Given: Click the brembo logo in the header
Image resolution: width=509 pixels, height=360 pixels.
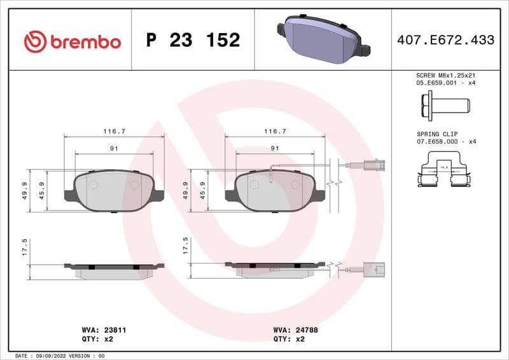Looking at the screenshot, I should [72, 41].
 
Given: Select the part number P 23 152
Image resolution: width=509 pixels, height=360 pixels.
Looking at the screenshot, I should [193, 41].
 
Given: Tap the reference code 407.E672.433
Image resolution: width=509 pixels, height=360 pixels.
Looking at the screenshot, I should [445, 40].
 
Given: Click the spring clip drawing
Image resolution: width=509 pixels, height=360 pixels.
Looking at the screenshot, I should [444, 172].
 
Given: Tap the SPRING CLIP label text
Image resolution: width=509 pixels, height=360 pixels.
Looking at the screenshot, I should [436, 135].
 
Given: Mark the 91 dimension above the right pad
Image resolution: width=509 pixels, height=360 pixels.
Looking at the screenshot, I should [275, 148].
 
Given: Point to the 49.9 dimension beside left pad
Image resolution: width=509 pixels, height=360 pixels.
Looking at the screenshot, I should [25, 190].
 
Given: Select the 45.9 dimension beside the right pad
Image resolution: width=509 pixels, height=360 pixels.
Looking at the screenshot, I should [203, 190].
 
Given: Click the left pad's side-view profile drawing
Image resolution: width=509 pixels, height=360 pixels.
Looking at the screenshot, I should [114, 270].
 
